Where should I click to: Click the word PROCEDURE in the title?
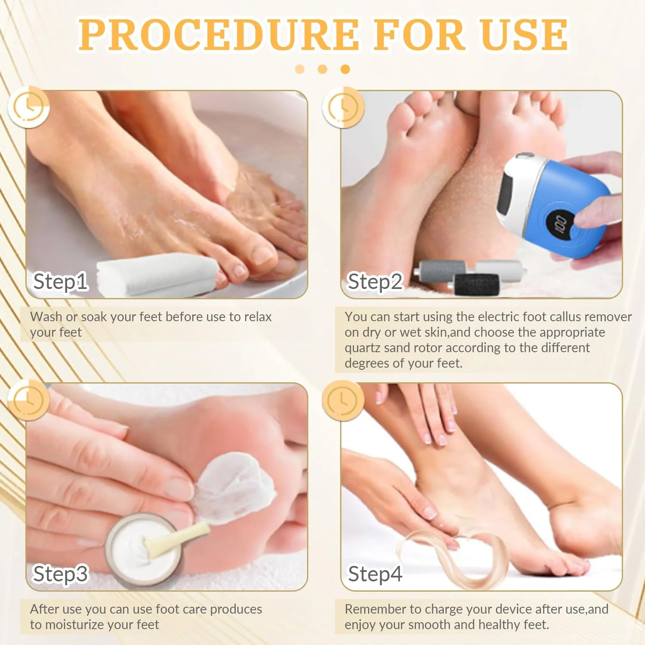(218, 35)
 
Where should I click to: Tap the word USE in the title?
(525, 35)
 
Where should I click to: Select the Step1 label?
(61, 282)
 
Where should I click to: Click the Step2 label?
(375, 282)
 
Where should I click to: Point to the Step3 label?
(61, 574)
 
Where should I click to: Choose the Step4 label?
(375, 574)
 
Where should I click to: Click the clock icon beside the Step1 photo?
(28, 107)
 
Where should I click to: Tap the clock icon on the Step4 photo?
(343, 400)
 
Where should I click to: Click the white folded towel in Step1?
(157, 274)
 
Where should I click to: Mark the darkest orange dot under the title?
(345, 69)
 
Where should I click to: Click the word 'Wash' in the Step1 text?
(46, 317)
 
